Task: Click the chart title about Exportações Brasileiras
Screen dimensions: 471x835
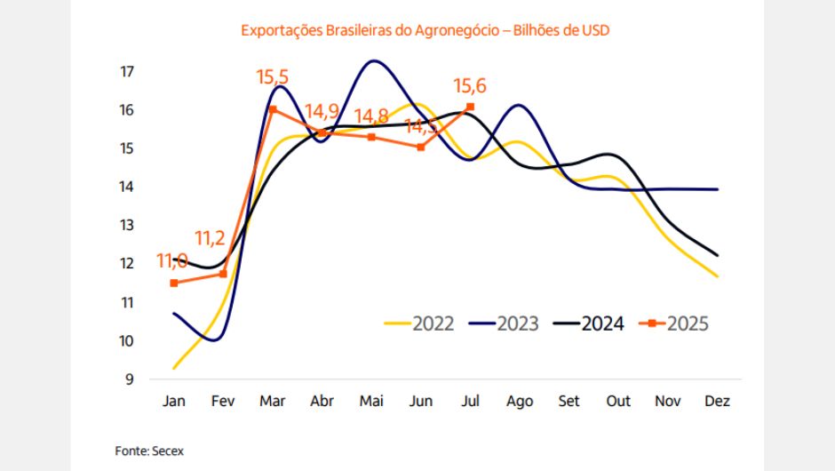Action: click(x=425, y=30)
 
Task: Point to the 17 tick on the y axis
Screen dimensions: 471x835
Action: click(x=127, y=71)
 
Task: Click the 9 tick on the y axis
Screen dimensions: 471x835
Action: click(x=129, y=379)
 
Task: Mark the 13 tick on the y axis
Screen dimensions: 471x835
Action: click(x=127, y=225)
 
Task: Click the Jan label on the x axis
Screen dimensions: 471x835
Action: click(x=174, y=402)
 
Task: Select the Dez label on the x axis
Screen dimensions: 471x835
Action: click(x=717, y=402)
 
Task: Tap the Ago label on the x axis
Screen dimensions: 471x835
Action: click(x=519, y=402)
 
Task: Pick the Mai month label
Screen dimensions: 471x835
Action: click(x=371, y=402)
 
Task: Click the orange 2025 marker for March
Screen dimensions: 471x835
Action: click(x=273, y=109)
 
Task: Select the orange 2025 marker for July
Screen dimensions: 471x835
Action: click(x=470, y=107)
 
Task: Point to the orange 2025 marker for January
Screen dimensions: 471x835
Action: click(x=174, y=283)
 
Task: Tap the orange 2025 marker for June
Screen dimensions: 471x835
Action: click(x=421, y=147)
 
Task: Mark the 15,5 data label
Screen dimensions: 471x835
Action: click(x=273, y=77)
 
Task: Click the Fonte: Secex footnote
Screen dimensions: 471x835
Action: click(x=149, y=451)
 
